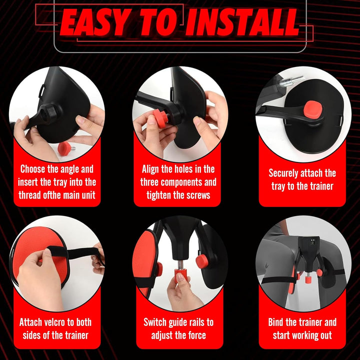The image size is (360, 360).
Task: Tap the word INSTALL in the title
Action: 242,22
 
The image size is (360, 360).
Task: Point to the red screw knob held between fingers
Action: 160,118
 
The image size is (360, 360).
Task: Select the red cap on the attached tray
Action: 312,109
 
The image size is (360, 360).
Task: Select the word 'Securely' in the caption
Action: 282,173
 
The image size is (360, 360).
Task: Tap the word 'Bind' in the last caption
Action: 275,322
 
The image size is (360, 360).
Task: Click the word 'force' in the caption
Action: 197,335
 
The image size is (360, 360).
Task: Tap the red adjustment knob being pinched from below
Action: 181,275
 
